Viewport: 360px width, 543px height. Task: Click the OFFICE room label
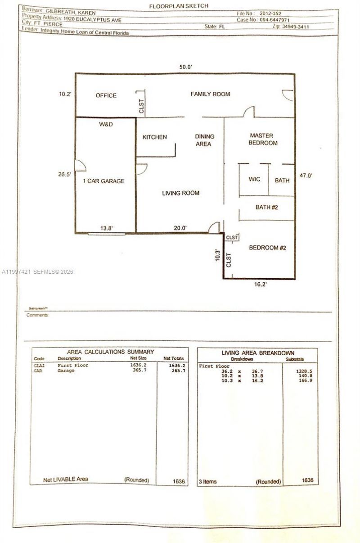[106, 95]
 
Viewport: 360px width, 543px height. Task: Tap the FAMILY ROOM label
[210, 94]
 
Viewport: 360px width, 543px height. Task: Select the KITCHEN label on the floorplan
[154, 137]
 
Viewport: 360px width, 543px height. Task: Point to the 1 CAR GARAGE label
[103, 181]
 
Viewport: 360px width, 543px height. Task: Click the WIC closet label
[254, 179]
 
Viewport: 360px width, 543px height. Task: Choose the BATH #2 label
[266, 208]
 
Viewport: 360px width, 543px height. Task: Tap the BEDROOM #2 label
[268, 248]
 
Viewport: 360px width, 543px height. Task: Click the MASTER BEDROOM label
[264, 139]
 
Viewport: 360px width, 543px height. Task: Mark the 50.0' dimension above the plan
[186, 67]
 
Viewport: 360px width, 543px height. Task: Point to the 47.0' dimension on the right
[306, 176]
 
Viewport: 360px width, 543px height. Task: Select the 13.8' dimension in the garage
[106, 228]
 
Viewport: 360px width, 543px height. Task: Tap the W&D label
[106, 124]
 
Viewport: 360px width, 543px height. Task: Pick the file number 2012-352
[272, 14]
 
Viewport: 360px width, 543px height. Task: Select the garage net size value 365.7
[137, 370]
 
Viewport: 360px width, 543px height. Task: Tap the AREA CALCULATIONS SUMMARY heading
[110, 352]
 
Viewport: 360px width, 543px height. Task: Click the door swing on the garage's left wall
[80, 165]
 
